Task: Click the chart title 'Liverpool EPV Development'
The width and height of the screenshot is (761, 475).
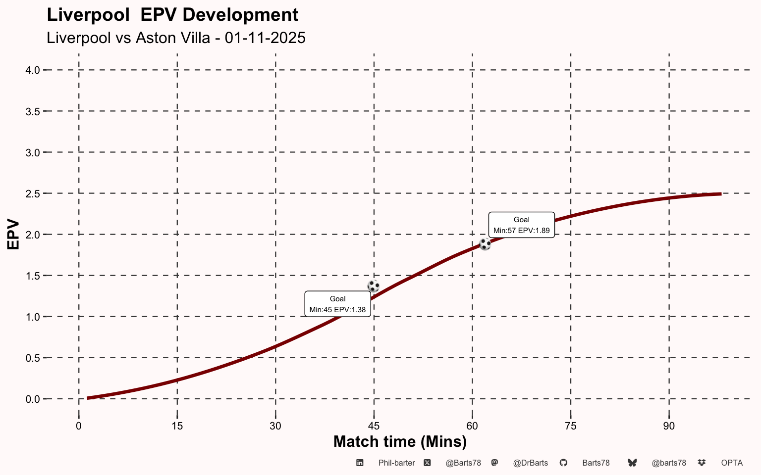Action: (172, 15)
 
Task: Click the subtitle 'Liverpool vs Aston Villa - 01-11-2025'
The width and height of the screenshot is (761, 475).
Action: (176, 38)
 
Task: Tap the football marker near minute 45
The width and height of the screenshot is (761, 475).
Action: (374, 286)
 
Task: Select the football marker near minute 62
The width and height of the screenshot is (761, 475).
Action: (485, 244)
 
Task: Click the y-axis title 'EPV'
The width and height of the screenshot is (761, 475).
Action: (13, 235)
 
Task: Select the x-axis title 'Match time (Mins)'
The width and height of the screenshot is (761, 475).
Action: (400, 441)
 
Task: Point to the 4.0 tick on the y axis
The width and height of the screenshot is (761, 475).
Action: (33, 70)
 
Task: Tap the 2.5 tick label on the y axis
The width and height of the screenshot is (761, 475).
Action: (33, 193)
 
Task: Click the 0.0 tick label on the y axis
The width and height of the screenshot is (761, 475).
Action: (33, 399)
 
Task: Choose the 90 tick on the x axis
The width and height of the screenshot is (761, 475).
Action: (669, 426)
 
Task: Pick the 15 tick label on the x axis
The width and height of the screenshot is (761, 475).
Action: (177, 426)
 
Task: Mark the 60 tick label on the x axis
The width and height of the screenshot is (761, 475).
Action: (472, 426)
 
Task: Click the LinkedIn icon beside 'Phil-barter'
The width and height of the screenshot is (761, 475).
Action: (360, 463)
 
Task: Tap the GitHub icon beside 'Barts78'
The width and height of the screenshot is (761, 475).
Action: (563, 463)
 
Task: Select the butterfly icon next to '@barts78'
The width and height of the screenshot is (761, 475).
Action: (632, 463)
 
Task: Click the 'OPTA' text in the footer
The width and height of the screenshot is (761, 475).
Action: (732, 463)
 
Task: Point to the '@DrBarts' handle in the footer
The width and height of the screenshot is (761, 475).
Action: (530, 463)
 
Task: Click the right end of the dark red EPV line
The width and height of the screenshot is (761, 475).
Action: (720, 194)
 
